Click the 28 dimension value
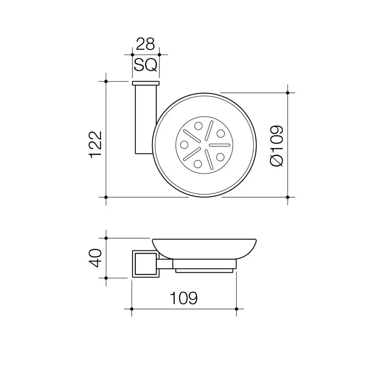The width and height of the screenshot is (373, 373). pos(145,44)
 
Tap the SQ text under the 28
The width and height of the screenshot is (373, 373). pos(145,65)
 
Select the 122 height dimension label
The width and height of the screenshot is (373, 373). pos(96,145)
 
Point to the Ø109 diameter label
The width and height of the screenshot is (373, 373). pos(276,145)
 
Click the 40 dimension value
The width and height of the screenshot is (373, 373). pos(95,258)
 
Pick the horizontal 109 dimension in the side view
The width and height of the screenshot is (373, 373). pos(184,298)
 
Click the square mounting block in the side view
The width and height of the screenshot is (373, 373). pos(145,263)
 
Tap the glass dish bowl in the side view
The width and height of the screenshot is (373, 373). pos(204,249)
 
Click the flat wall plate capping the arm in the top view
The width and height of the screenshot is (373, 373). pos(146,83)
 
